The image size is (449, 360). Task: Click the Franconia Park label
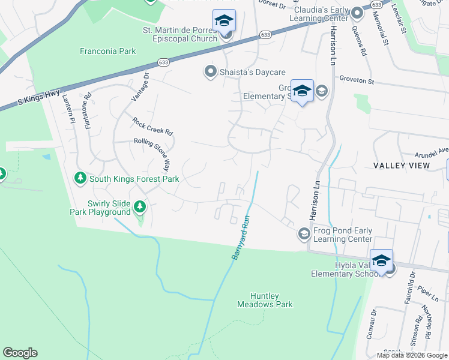tap(108, 52)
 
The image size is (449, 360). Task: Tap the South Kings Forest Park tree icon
tap(80, 178)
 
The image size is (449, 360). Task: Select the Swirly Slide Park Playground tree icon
tap(140, 207)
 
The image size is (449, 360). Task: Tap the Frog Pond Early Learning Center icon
tap(304, 233)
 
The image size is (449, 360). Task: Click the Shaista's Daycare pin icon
tap(210, 72)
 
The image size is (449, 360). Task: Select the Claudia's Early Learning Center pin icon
tap(357, 13)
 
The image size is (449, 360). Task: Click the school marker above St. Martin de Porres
tap(224, 21)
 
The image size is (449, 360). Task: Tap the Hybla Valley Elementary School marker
tap(381, 260)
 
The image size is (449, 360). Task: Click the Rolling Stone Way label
tap(163, 155)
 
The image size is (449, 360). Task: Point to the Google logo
tap(20, 353)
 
